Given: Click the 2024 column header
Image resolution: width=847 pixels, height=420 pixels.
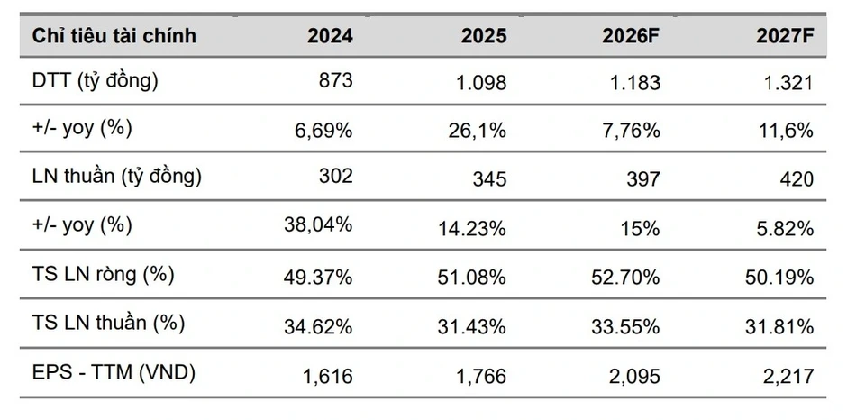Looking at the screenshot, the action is [x=330, y=36].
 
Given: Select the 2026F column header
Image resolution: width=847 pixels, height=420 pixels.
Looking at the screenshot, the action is [x=632, y=36].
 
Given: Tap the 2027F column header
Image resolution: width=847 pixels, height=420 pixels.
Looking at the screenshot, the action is [x=785, y=36].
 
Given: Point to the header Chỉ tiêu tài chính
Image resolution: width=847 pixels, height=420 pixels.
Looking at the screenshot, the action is [x=114, y=36].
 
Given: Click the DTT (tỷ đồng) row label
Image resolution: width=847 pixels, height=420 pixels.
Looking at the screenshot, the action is [x=96, y=82].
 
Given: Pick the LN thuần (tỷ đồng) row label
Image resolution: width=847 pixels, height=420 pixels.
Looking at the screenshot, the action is [x=116, y=177].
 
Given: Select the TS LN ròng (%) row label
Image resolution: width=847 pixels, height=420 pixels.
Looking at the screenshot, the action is [x=104, y=275].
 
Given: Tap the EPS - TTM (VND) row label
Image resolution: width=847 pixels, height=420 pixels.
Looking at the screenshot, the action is [x=114, y=372].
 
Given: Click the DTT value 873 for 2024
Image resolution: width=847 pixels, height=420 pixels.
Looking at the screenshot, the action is [x=335, y=80].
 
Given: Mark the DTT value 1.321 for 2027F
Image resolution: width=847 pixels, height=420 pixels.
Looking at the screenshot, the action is [x=790, y=83].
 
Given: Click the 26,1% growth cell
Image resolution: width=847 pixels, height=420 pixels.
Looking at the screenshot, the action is [x=477, y=131].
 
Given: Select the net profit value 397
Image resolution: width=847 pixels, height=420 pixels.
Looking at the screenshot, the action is [x=643, y=179].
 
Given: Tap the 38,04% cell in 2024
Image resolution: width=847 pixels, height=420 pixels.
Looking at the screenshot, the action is [x=318, y=224].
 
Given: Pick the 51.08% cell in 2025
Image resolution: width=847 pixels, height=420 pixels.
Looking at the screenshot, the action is [x=471, y=278].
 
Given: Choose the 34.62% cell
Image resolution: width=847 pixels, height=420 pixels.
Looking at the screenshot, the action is [x=318, y=327].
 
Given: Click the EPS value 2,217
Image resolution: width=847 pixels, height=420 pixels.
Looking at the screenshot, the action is [x=788, y=376].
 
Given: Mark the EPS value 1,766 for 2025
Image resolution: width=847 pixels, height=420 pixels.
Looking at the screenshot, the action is [x=481, y=376].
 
